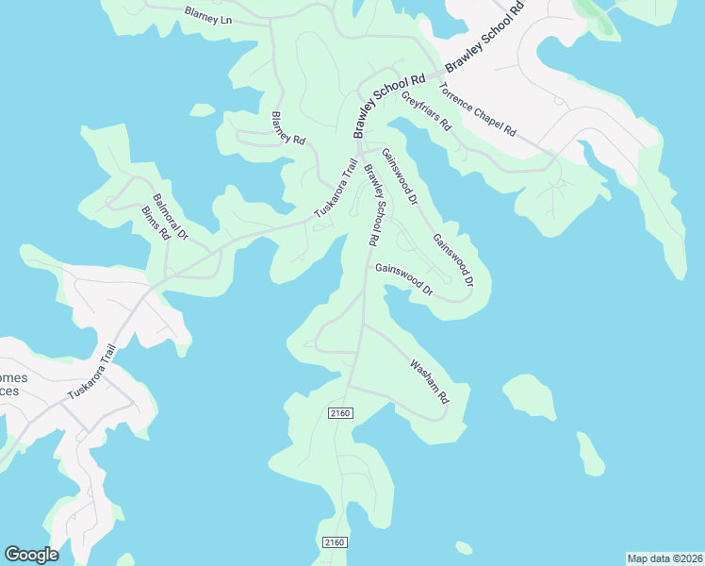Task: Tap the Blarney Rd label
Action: (288, 128)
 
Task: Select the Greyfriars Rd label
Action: (427, 110)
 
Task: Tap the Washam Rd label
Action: (428, 381)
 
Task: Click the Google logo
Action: (31, 555)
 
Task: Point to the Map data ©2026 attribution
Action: (664, 558)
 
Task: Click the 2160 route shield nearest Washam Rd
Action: (340, 413)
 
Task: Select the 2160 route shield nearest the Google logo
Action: (335, 542)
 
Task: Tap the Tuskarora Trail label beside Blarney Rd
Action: (336, 188)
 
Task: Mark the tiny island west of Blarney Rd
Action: (202, 110)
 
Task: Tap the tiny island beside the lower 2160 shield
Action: (463, 547)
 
